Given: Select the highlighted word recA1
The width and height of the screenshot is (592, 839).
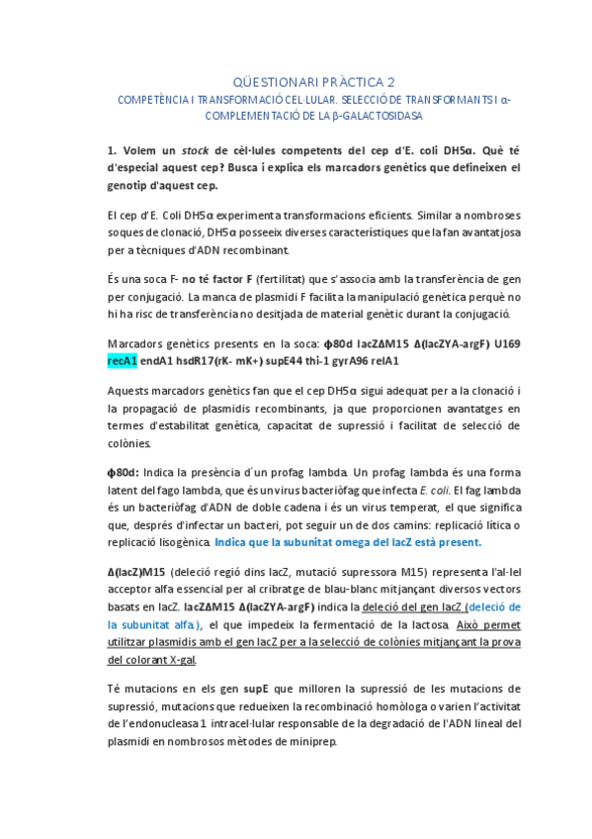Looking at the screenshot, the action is pos(124,360).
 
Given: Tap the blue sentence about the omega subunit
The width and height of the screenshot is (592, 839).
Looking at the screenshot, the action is pos(348,542).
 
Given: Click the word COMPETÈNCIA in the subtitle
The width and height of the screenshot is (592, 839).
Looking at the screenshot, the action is pos(154,100).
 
